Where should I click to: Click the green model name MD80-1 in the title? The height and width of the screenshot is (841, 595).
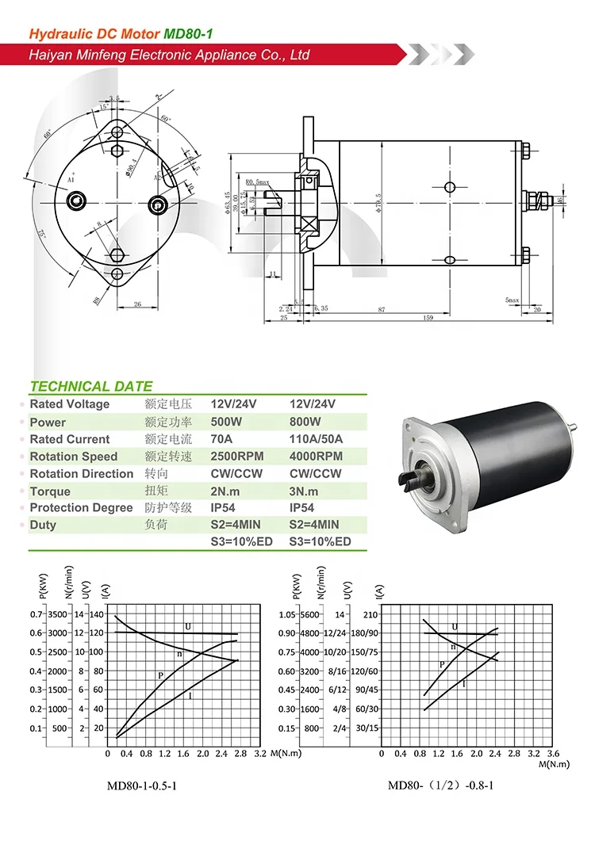click(x=188, y=34)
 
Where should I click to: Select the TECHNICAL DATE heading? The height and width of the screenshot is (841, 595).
click(x=90, y=387)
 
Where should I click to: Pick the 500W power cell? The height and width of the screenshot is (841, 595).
click(x=226, y=422)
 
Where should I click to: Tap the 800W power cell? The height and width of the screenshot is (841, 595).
click(x=305, y=422)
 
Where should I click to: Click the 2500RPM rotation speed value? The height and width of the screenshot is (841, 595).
click(x=236, y=457)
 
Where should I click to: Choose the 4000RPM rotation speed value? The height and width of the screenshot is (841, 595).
click(x=316, y=457)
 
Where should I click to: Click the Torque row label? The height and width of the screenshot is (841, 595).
click(x=50, y=491)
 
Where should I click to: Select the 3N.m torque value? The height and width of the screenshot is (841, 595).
click(x=305, y=491)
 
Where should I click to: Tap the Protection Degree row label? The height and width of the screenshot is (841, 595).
click(x=81, y=508)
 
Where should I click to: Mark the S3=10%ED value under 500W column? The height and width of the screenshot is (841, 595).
click(x=241, y=542)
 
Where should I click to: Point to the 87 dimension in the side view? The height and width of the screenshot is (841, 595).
click(x=382, y=309)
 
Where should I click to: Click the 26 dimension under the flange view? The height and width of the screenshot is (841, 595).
click(x=136, y=304)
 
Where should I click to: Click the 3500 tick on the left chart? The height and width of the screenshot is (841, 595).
click(x=57, y=614)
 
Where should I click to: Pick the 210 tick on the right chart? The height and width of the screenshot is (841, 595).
click(x=370, y=614)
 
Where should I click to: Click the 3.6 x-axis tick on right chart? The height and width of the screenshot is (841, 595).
click(x=552, y=753)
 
